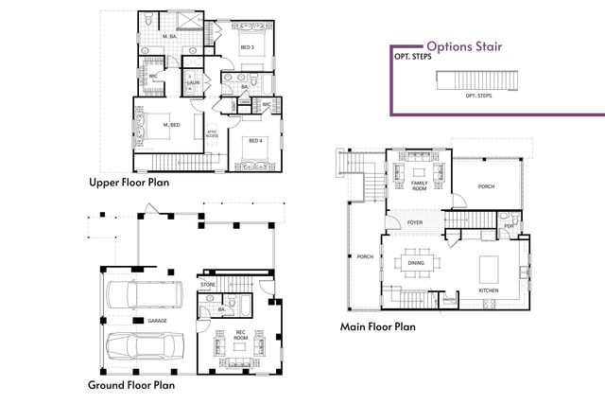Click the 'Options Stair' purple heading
pos(463,45)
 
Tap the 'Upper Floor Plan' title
pos(129,183)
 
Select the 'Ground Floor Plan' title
pos(131,385)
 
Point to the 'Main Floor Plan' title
pos(378,327)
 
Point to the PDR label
pos(509,226)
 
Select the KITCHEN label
pos(488,290)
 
